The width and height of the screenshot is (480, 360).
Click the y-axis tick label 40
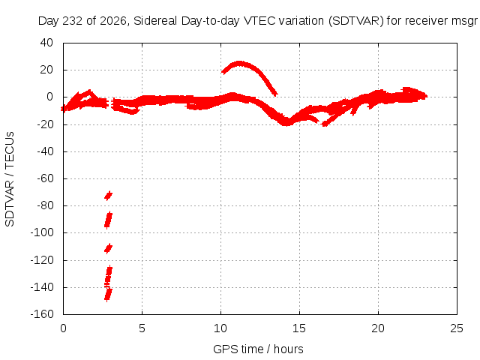(46, 43)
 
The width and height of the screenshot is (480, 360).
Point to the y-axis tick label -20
(45, 124)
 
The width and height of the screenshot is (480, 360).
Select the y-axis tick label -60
(45, 178)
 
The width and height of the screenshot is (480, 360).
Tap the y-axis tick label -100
(42, 232)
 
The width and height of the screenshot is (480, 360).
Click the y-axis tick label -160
(42, 314)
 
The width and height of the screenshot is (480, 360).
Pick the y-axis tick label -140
(42, 287)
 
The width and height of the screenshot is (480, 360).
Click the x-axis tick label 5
(142, 328)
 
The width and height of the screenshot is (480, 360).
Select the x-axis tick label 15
(299, 328)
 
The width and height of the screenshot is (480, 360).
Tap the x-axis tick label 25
(457, 328)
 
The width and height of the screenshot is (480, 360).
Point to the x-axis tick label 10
(220, 328)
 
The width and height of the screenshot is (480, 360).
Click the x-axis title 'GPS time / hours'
(258, 349)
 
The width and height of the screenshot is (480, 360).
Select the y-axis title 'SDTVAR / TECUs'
(10, 179)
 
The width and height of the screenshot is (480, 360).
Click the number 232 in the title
(73, 21)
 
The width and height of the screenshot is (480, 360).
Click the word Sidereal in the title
(155, 21)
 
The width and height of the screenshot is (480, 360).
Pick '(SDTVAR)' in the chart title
(356, 21)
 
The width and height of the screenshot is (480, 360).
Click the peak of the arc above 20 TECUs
(239, 63)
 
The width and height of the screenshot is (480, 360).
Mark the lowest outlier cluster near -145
(108, 295)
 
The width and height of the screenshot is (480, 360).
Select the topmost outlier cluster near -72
(108, 195)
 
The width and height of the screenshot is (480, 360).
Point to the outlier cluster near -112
(108, 248)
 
